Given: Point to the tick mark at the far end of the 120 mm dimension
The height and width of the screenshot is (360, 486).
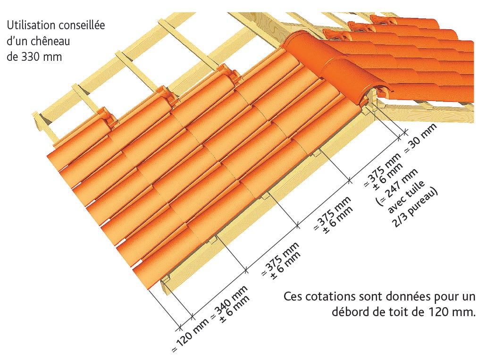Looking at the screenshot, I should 179,326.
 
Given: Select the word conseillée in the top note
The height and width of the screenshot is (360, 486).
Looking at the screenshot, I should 82,25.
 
